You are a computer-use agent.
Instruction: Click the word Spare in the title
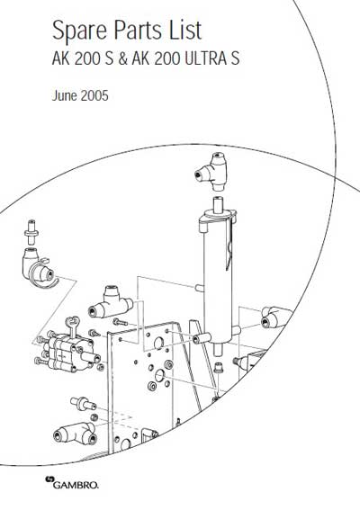click(79, 31)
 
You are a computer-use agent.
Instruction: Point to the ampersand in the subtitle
click(122, 58)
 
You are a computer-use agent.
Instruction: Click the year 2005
click(94, 96)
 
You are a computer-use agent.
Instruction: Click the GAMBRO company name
click(76, 486)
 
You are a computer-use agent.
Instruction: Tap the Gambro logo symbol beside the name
click(50, 479)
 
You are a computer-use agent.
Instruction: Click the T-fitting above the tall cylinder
click(211, 173)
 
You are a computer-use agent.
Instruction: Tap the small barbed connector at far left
click(31, 231)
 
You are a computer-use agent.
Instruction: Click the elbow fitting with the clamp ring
click(40, 270)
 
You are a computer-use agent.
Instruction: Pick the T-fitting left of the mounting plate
click(111, 302)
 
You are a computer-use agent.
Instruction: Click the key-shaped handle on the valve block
click(74, 327)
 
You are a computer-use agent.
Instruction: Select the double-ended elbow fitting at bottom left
click(76, 434)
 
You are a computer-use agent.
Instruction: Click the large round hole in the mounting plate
click(158, 343)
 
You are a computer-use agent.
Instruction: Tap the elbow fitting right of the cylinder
click(276, 318)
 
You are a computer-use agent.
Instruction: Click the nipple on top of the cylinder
click(218, 205)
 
